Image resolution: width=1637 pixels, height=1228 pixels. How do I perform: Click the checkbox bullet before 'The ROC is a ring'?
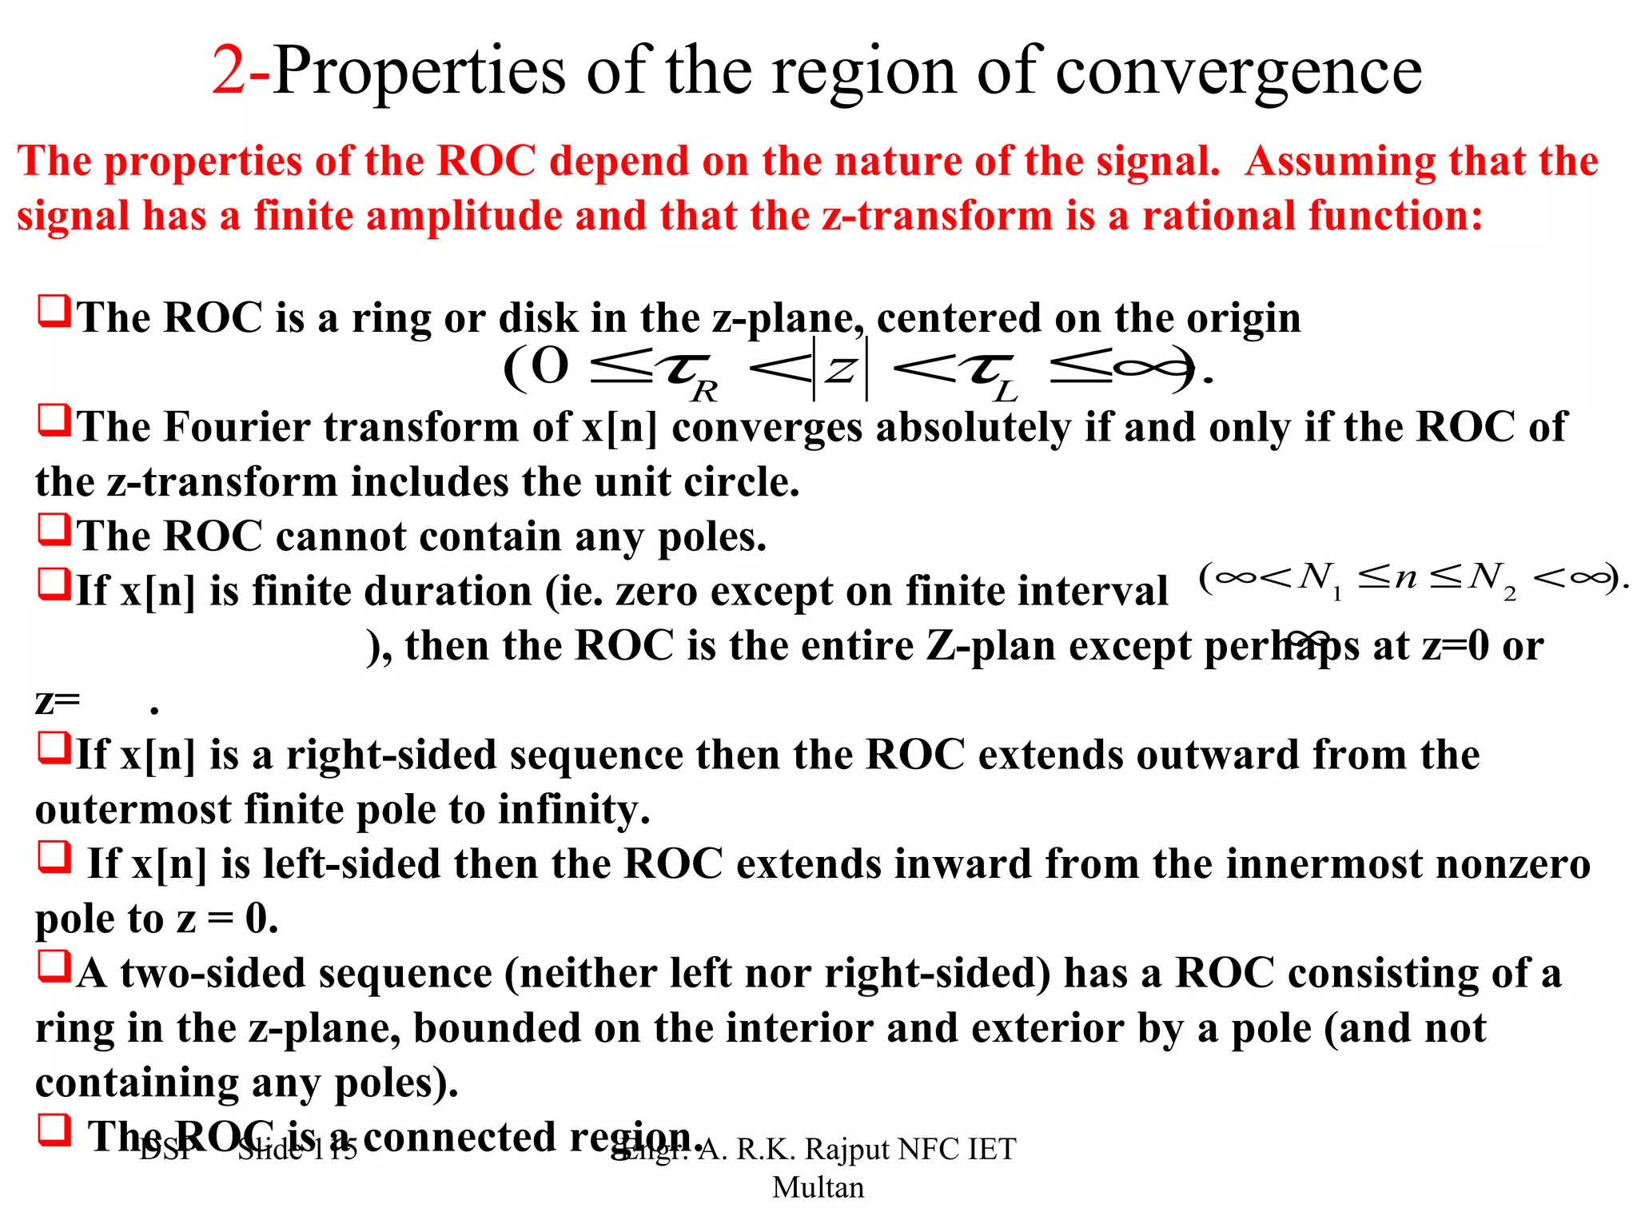[x=54, y=311]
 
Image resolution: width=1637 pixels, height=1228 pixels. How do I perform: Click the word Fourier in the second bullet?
[x=237, y=427]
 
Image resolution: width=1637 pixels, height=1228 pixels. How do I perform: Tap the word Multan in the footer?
[x=818, y=1187]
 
